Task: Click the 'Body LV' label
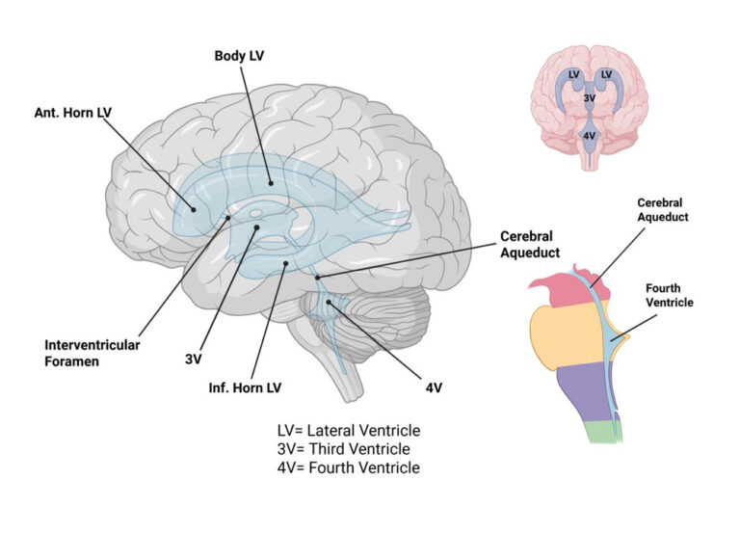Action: pyautogui.click(x=239, y=56)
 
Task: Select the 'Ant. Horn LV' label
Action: pyautogui.click(x=72, y=113)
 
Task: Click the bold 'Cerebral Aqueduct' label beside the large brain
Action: pyautogui.click(x=530, y=244)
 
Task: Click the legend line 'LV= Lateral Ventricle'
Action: pyautogui.click(x=349, y=431)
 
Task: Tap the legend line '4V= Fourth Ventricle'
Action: pyautogui.click(x=348, y=468)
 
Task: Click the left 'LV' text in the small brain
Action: pyautogui.click(x=574, y=74)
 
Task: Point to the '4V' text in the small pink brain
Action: pyautogui.click(x=589, y=136)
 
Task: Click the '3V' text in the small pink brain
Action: pyautogui.click(x=589, y=97)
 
